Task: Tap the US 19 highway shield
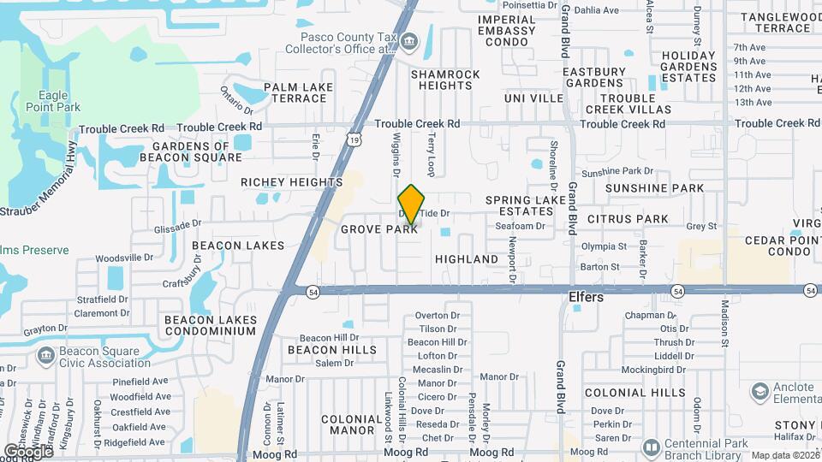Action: [354, 138]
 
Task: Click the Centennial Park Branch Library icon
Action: [651, 447]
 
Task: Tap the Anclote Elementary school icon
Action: [759, 392]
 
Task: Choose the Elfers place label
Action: [587, 298]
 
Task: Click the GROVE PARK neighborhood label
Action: [379, 229]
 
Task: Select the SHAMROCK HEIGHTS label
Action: [445, 80]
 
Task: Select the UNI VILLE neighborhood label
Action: [533, 98]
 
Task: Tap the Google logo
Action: [28, 451]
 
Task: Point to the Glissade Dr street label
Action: [177, 223]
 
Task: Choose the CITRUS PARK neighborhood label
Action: [628, 219]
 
